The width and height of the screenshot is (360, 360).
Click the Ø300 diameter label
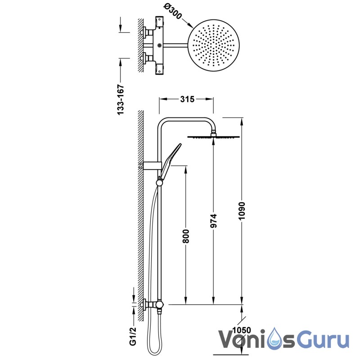coord(173,12)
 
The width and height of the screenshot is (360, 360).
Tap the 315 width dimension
coord(187,99)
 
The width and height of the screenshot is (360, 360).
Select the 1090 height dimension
coord(242,211)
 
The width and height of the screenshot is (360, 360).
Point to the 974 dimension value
coord(213,221)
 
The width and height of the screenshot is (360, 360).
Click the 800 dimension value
coord(185,236)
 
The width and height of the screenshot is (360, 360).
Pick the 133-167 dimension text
coord(121,99)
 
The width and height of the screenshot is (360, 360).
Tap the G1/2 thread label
coord(133,336)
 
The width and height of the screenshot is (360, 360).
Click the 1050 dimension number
coord(242,330)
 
